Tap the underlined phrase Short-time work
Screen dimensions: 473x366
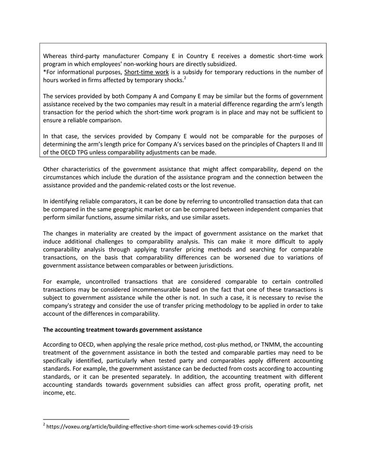tap(146, 72)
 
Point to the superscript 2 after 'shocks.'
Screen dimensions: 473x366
tap(185, 78)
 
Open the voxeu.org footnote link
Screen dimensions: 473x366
tap(150, 426)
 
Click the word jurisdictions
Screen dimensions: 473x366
tap(214, 265)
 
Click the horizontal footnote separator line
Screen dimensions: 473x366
tap(86, 419)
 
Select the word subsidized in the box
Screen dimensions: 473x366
tap(220, 64)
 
